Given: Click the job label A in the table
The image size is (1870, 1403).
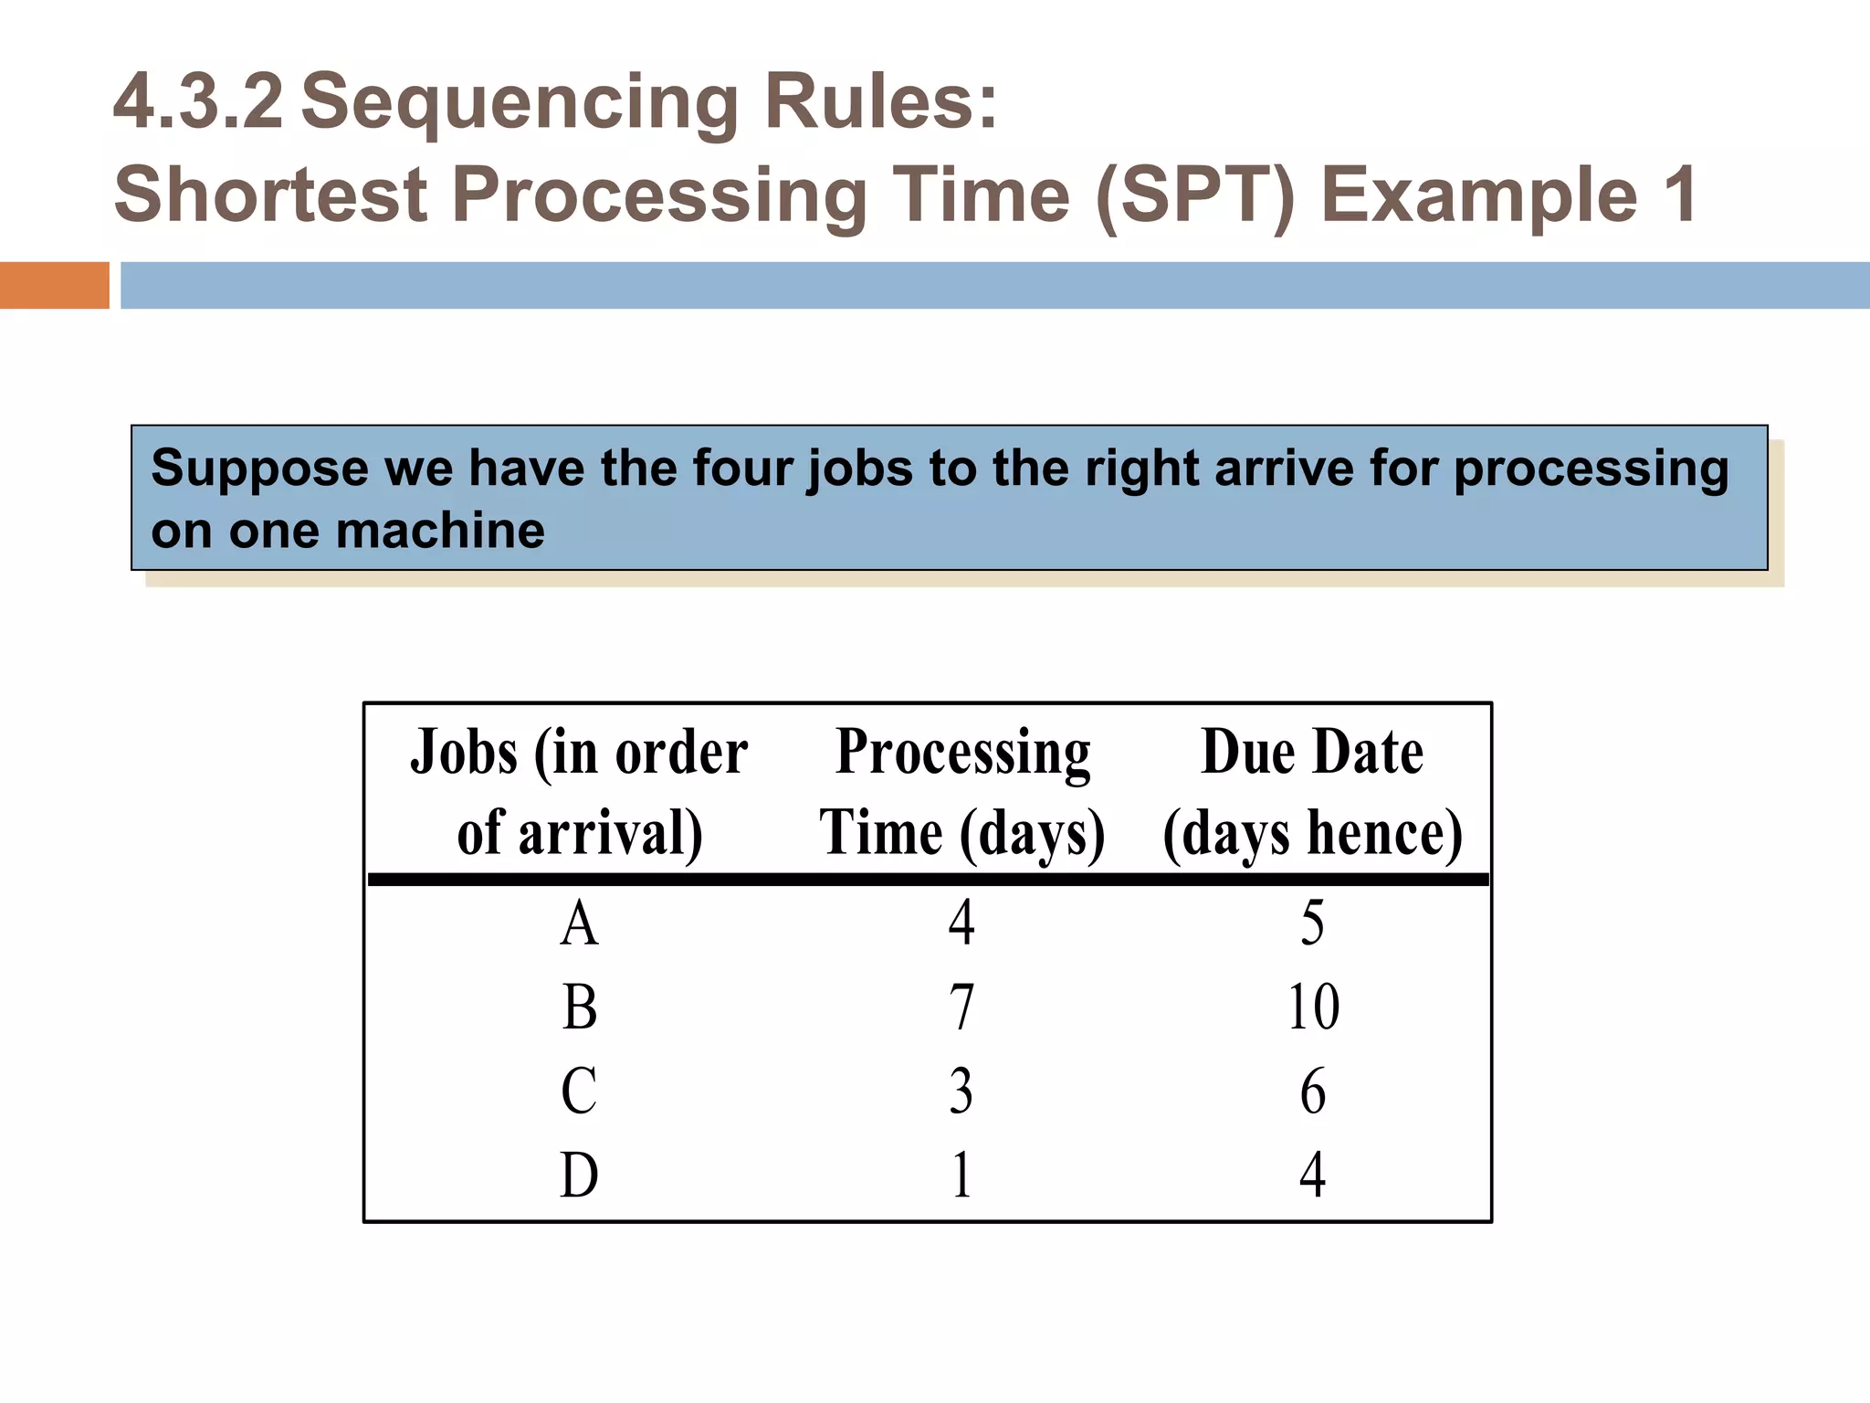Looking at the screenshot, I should [579, 924].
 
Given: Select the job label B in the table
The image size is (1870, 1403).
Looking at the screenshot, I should [579, 1007].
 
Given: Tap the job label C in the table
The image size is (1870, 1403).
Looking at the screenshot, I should [579, 1091].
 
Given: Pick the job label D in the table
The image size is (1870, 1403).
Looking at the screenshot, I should [579, 1175].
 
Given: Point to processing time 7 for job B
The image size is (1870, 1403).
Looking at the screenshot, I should [961, 1007].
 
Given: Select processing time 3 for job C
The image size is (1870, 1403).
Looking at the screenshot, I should [961, 1091].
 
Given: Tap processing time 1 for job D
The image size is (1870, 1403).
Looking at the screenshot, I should [961, 1175].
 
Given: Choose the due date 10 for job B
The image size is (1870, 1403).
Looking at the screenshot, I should [1313, 1007].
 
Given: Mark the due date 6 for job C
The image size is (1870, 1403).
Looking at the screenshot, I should [1313, 1091].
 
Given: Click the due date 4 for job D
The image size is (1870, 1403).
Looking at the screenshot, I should [1313, 1175].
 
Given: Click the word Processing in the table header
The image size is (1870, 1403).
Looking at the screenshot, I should [962, 754].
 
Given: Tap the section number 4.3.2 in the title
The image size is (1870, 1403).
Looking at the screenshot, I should [198, 101].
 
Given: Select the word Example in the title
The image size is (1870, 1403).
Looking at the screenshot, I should [1479, 196].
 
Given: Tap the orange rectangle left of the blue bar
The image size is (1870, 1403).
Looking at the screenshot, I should [54, 285].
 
